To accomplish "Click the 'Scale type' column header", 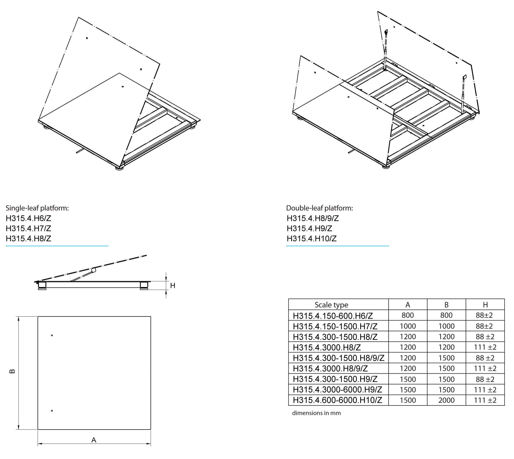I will (331, 305).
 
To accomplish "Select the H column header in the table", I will (485, 305).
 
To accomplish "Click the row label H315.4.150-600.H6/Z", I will (333, 315).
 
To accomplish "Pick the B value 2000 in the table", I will (446, 400).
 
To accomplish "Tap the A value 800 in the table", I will (408, 315).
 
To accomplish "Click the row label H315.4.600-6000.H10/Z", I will (337, 400).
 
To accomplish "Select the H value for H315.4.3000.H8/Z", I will (485, 347).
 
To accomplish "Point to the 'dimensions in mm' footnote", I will (316, 413).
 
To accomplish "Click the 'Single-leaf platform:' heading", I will (37, 208).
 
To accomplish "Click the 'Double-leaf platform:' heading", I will (319, 208).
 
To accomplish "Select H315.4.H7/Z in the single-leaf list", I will (28, 228).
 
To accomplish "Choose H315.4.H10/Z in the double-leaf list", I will (311, 239).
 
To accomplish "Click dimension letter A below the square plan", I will (94, 440).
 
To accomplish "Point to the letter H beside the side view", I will (173, 285).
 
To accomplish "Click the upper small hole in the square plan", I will (52, 335).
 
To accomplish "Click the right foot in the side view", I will (144, 286).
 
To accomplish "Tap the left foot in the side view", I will (42, 286).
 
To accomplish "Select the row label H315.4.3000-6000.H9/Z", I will (337, 390).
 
